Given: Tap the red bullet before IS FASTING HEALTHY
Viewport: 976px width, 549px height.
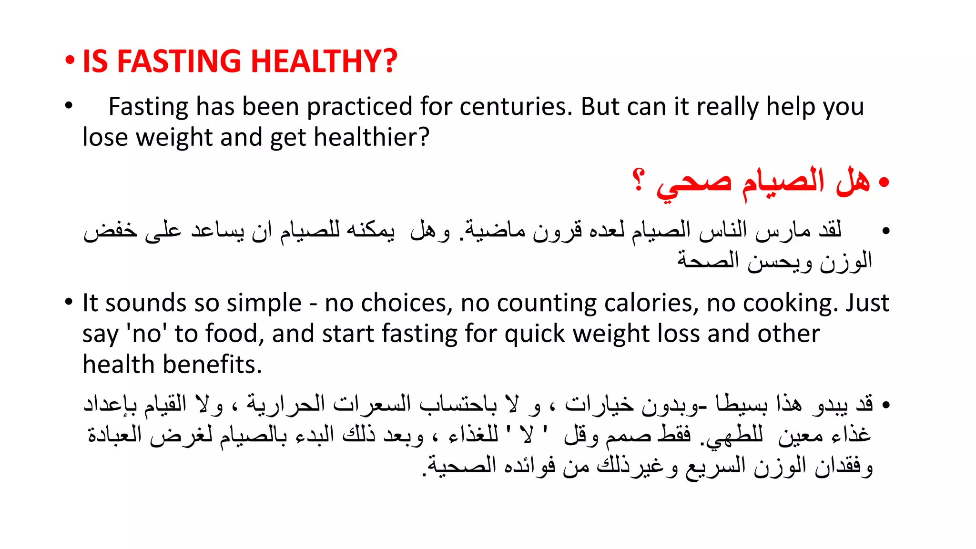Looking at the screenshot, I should coord(70,61).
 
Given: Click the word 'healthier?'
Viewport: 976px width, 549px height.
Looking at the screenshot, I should coord(371,137).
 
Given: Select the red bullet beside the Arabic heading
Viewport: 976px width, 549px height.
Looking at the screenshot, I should coord(884,183).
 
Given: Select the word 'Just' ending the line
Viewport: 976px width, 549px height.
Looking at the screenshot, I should coord(867,303).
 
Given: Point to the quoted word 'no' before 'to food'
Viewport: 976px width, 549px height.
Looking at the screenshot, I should coord(146,334).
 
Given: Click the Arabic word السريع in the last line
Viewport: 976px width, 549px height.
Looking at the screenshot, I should coord(715,466).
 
